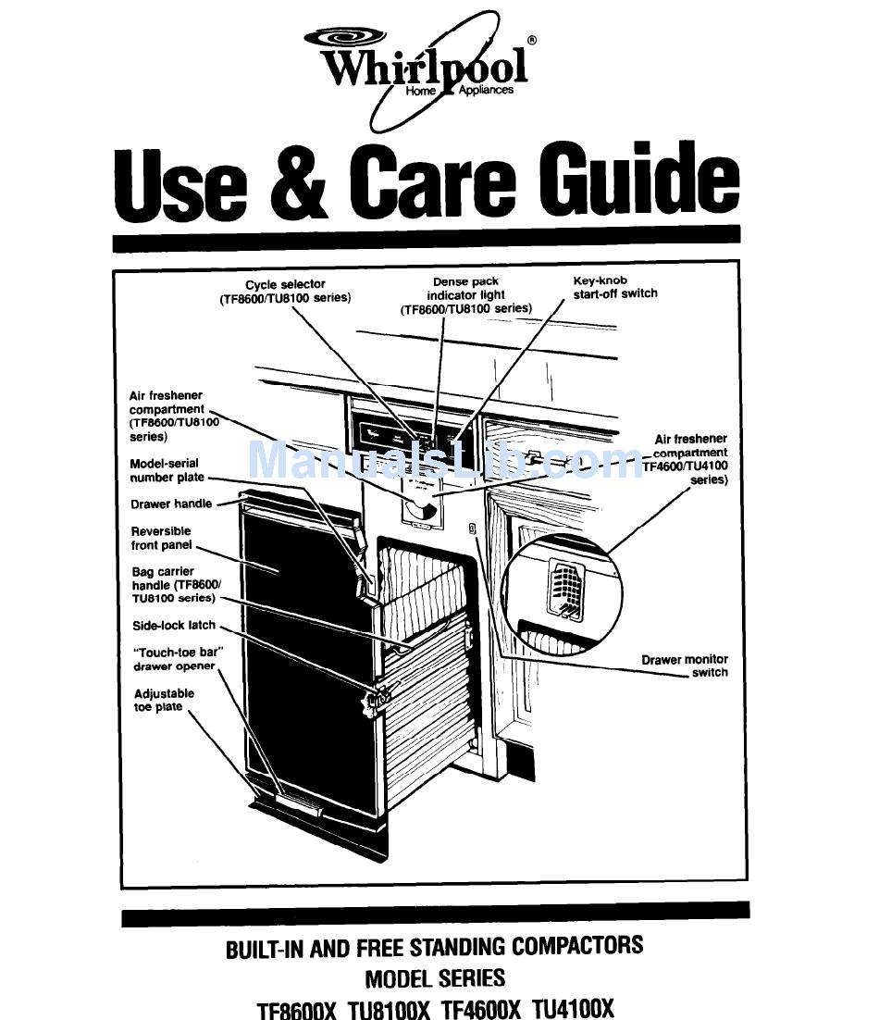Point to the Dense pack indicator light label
tap(465, 294)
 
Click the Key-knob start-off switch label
tap(614, 286)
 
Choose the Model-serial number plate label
tap(164, 470)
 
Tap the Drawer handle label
tap(171, 504)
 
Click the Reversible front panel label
tap(161, 538)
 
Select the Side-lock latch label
tap(173, 626)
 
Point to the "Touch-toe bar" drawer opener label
tap(174, 659)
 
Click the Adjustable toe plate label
tap(164, 700)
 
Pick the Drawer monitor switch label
tap(685, 665)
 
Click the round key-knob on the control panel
tap(421, 505)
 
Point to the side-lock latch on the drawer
tap(378, 698)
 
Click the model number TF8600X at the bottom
tap(297, 1009)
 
